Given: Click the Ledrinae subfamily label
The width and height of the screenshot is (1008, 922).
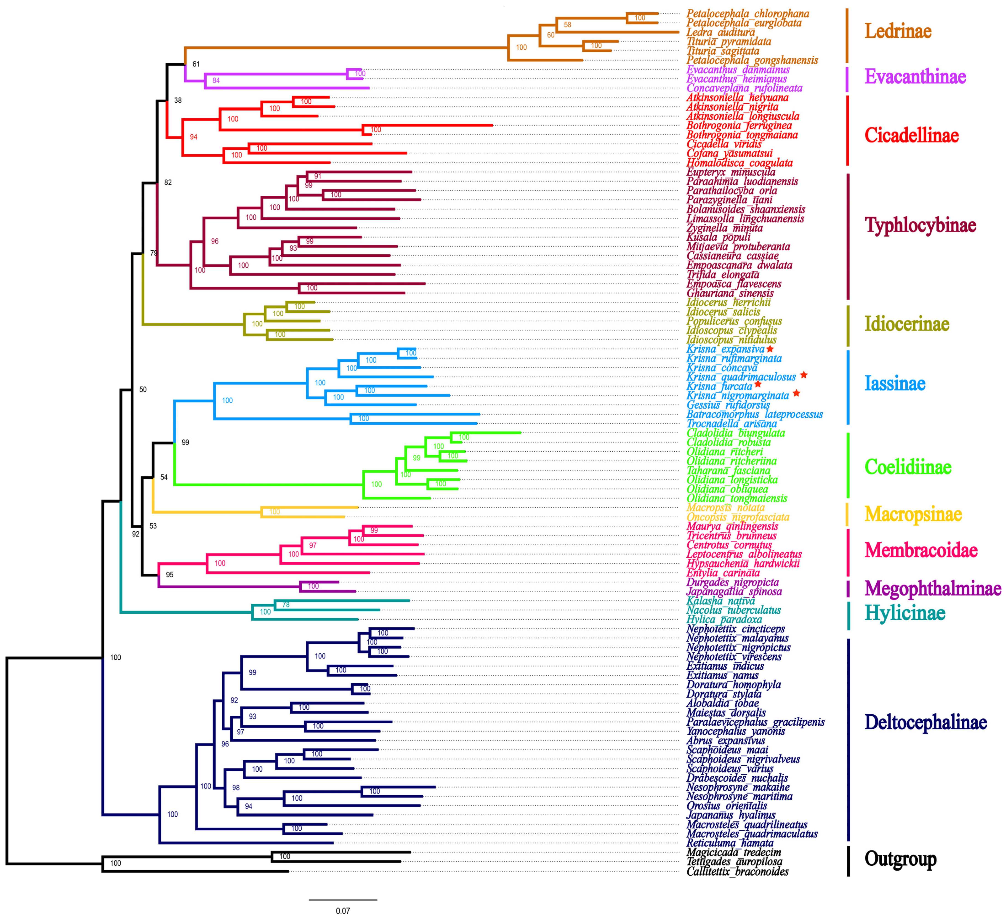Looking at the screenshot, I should point(898,31).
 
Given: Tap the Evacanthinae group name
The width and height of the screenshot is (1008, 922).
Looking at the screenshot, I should point(915,77).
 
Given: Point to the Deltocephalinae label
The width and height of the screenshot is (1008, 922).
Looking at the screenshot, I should point(926,722).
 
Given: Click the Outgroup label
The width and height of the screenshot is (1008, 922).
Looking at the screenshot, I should point(900,858).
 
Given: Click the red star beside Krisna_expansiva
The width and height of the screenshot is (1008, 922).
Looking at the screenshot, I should point(770,349).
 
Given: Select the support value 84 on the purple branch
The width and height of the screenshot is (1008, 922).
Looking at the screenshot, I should point(216,80).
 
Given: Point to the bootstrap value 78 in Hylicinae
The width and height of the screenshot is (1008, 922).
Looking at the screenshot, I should point(286,605).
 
